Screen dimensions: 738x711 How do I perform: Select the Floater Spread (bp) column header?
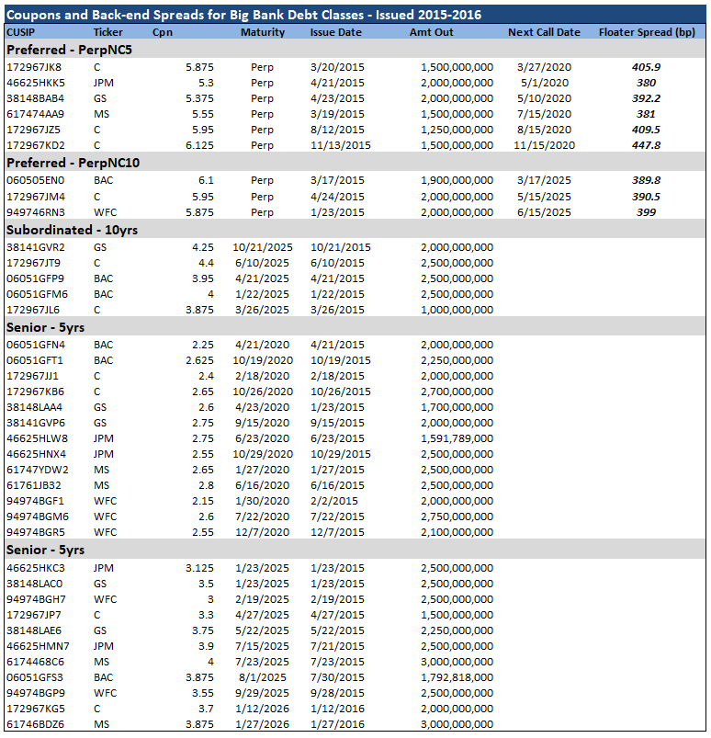pyautogui.click(x=647, y=32)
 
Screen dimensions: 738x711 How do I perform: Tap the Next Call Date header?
pyautogui.click(x=544, y=32)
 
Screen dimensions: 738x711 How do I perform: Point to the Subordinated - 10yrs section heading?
pyautogui.click(x=72, y=230)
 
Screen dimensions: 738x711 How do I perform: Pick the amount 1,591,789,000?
pyautogui.click(x=457, y=439)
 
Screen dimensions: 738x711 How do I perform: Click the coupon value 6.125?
pyautogui.click(x=199, y=145)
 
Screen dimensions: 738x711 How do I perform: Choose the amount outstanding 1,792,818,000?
pyautogui.click(x=457, y=677)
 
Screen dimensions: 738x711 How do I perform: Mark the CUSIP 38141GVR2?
pyautogui.click(x=35, y=247)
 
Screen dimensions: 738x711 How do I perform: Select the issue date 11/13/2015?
pyautogui.click(x=341, y=145)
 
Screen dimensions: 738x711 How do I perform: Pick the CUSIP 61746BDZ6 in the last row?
pyautogui.click(x=34, y=725)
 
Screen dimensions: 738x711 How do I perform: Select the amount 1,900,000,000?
pyautogui.click(x=457, y=181)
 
